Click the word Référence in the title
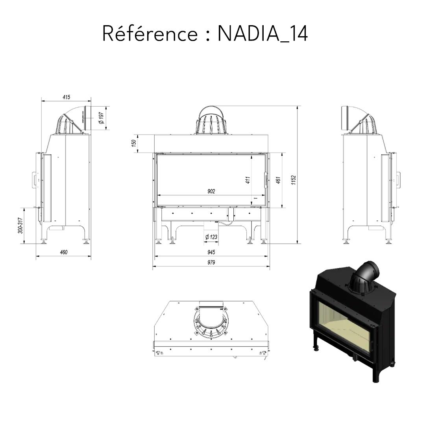[x=150, y=33]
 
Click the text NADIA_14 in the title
[x=262, y=34]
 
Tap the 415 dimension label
[x=66, y=97]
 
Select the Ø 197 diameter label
[x=101, y=118]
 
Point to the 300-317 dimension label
[x=20, y=225]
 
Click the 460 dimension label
[x=64, y=252]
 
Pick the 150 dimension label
[x=134, y=143]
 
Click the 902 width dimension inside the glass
[x=211, y=192]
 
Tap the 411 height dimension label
[x=248, y=180]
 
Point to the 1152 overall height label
[x=294, y=179]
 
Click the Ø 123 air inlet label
[x=211, y=237]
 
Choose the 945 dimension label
[x=211, y=252]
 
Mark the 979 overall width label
[x=211, y=262]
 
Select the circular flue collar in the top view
[x=212, y=322]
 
